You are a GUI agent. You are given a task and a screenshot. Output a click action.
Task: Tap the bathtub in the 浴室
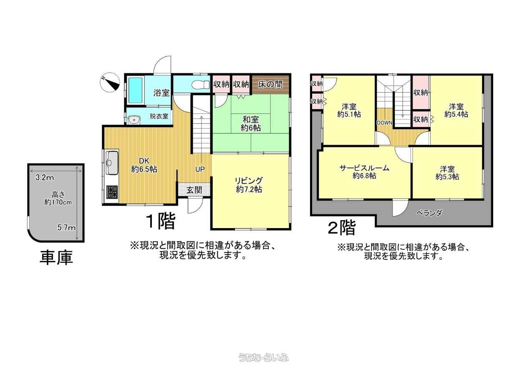coord(136,90)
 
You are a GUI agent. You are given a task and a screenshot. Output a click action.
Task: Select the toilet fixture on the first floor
coord(200,84)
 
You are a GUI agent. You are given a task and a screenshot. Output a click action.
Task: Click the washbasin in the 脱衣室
coord(134,120)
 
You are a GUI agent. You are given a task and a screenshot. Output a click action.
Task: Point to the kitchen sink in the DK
coord(112,162)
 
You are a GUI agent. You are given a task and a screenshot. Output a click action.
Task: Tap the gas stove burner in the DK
coord(112,192)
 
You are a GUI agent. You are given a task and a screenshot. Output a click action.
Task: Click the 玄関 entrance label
coord(194,190)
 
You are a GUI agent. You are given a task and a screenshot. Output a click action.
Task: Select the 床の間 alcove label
coord(270,84)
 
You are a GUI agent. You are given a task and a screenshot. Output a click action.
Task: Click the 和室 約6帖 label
coord(250,124)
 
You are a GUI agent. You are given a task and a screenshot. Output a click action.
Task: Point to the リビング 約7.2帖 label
coord(249,185)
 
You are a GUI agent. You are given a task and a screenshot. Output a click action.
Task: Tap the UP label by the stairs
coord(200,169)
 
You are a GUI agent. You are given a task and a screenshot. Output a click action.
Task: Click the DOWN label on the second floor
coord(384,123)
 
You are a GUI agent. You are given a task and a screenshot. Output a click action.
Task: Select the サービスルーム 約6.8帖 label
coord(364,172)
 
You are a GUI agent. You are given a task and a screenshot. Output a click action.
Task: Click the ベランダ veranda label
coord(430,213)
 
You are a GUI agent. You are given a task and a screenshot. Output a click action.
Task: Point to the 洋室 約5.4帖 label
coord(456,111)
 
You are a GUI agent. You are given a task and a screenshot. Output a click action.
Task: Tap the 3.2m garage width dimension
coord(45,177)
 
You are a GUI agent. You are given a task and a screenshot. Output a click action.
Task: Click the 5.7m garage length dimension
coord(67,228)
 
